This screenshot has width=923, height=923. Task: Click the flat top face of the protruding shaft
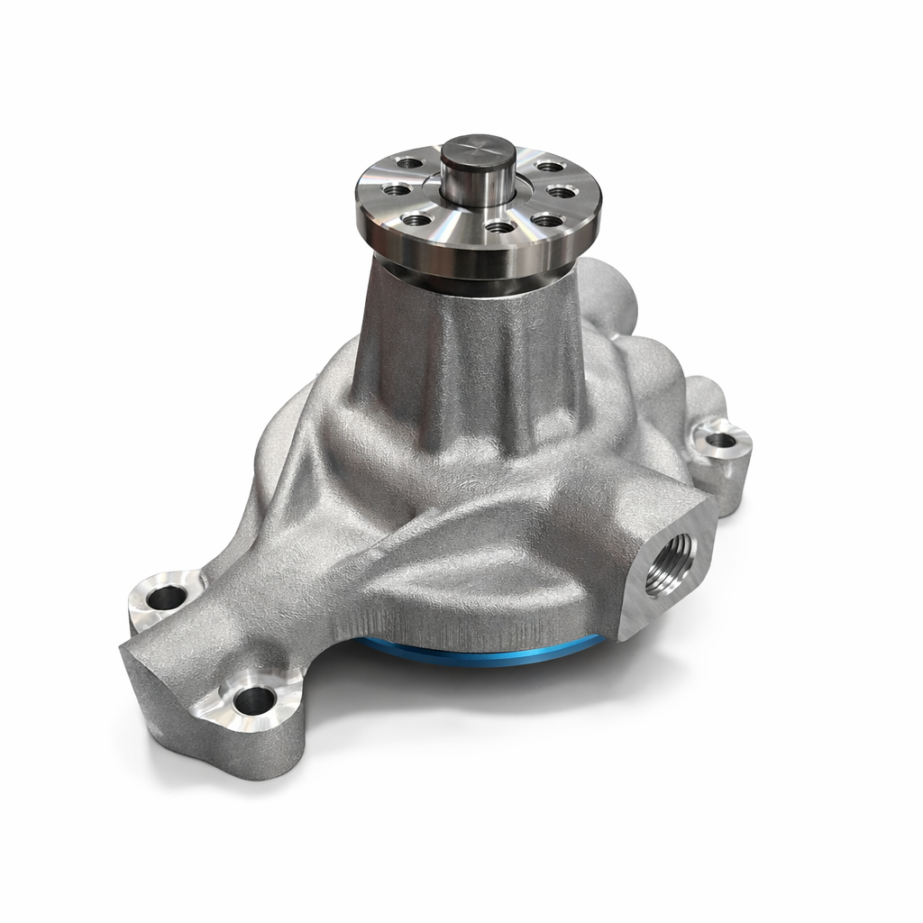(x=478, y=150)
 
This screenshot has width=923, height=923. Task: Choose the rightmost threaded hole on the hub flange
(x=561, y=191)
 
